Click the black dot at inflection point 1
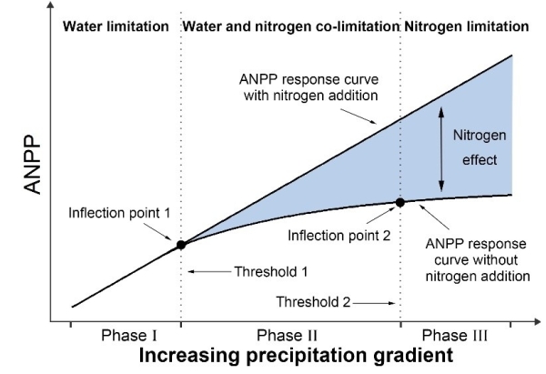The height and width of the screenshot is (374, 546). pos(180,245)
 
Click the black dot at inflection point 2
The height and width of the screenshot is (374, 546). pos(399,202)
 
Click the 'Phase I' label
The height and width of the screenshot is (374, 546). pos(125,336)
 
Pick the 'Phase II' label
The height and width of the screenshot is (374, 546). pos(288,336)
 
